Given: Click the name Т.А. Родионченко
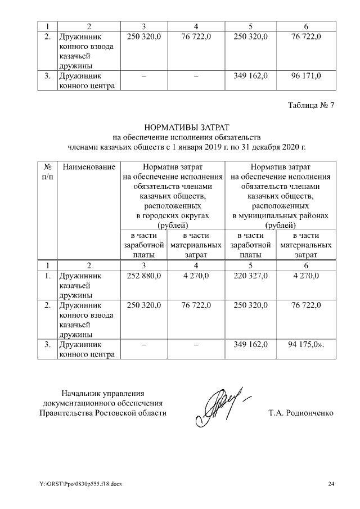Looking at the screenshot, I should [301, 413].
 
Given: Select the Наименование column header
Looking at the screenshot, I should [89, 167].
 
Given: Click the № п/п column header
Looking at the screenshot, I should [48, 172].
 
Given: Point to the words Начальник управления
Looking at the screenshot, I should [103, 393].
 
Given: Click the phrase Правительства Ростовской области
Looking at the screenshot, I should [103, 413].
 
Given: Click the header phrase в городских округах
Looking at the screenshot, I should [173, 215].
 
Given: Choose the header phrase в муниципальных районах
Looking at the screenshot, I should [281, 215].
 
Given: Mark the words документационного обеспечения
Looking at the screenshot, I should [103, 403].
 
